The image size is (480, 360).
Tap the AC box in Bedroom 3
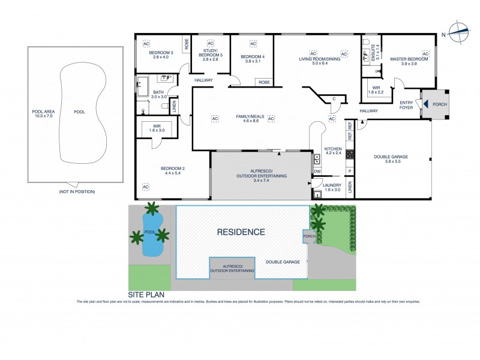pyautogui.click(x=146, y=44)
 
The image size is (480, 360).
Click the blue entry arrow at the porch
pyautogui.click(x=425, y=104)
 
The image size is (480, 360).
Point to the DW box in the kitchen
pyautogui.click(x=317, y=172)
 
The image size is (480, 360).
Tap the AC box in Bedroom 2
pyautogui.click(x=145, y=187)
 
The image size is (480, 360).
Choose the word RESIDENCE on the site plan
pyautogui.click(x=241, y=232)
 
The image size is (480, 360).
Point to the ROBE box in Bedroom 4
pyautogui.click(x=263, y=82)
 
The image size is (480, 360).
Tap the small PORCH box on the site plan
pyautogui.click(x=310, y=236)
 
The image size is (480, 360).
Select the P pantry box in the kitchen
pyautogui.click(x=349, y=171)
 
